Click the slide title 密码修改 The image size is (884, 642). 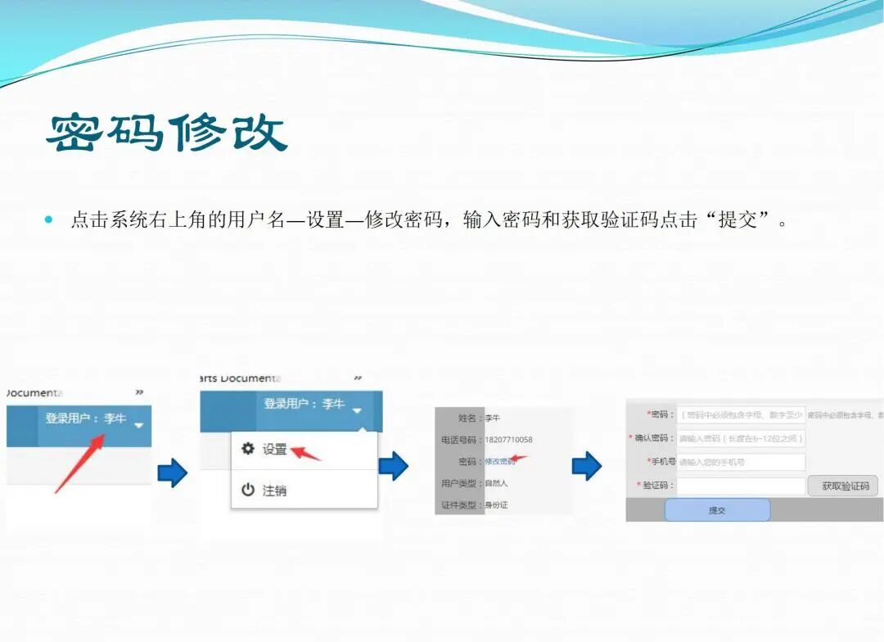pyautogui.click(x=167, y=133)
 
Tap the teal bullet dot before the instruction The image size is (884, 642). pyautogui.click(x=48, y=220)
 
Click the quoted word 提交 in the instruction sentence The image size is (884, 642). pyautogui.click(x=737, y=220)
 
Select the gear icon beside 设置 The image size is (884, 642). pyautogui.click(x=248, y=449)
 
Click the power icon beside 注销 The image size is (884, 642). pyautogui.click(x=248, y=490)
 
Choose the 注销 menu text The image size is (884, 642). pyautogui.click(x=274, y=491)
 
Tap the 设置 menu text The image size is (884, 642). pyautogui.click(x=274, y=450)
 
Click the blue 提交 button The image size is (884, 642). pyautogui.click(x=717, y=509)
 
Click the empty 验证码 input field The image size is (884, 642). pyautogui.click(x=741, y=486)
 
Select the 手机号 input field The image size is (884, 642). pyautogui.click(x=741, y=462)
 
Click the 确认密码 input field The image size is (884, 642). pyautogui.click(x=741, y=439)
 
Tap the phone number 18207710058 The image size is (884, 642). pyautogui.click(x=508, y=440)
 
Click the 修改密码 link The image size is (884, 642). pyautogui.click(x=499, y=462)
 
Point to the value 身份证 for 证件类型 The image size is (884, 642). pyautogui.click(x=497, y=505)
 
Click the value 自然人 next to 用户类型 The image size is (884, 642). pyautogui.click(x=497, y=483)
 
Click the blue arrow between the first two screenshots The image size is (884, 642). pyautogui.click(x=172, y=472)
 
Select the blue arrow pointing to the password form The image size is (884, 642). pyautogui.click(x=586, y=466)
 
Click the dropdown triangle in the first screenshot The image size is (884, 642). pyautogui.click(x=138, y=425)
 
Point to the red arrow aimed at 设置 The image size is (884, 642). pyautogui.click(x=308, y=453)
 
